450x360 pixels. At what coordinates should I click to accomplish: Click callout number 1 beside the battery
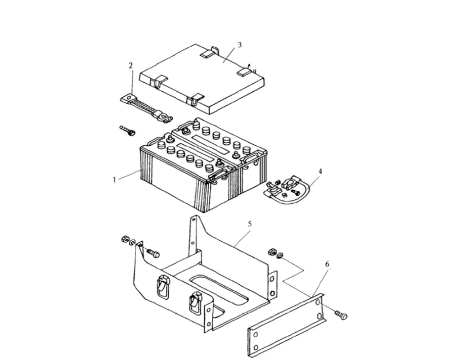(x=114, y=180)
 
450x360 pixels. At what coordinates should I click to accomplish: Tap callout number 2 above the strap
(x=131, y=66)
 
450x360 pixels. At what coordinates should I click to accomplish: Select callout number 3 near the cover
(x=239, y=45)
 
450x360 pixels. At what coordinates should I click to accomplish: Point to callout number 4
(x=320, y=171)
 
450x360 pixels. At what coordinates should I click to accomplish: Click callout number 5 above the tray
(x=250, y=224)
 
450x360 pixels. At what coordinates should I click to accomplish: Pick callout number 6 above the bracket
(x=327, y=264)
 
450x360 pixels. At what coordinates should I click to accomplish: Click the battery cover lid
(x=202, y=79)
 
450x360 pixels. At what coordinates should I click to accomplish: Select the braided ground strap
(x=146, y=108)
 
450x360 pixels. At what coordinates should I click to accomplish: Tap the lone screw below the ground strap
(x=127, y=130)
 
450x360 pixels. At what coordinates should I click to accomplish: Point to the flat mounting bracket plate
(x=286, y=325)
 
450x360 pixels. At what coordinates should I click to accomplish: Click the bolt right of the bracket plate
(x=341, y=315)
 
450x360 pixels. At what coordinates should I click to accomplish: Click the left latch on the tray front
(x=162, y=286)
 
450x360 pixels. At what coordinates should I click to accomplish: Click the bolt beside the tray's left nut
(x=153, y=253)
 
